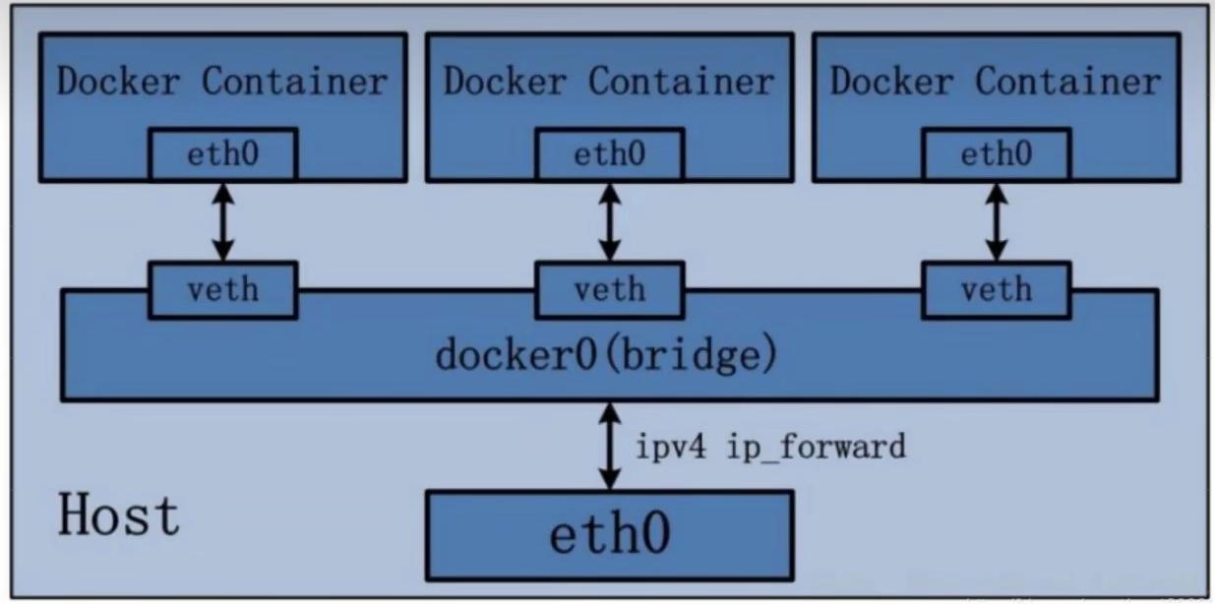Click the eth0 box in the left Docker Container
223,154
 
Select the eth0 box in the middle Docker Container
610,154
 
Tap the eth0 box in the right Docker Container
997,154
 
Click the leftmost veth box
223,289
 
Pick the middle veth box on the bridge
610,289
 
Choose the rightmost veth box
997,289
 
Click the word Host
119,515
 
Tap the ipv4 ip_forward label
770,448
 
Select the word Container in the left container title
295,82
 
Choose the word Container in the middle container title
682,82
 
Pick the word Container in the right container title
1068,82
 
